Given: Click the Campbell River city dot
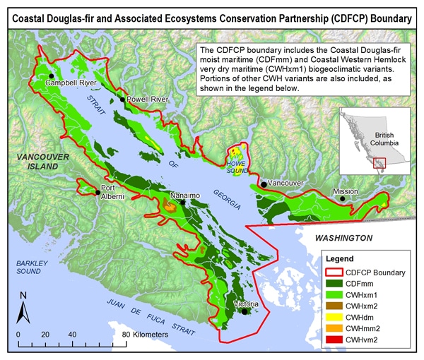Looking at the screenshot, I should (51, 76).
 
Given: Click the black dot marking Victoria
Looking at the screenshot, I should (245, 311).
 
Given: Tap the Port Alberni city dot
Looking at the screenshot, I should (97, 191).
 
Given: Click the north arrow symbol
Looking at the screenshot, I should (23, 308).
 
